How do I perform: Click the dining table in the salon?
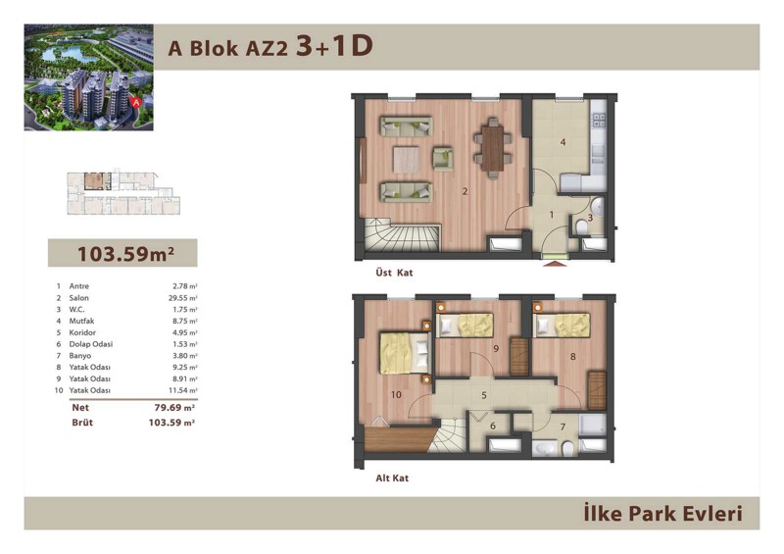(493, 148)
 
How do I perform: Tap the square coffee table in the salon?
(406, 159)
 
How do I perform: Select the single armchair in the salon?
(443, 159)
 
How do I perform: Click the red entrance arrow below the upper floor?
(555, 263)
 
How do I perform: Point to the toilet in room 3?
(581, 228)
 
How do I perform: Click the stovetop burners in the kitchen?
(599, 120)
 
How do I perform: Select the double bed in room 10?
(405, 352)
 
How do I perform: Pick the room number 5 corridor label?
(484, 395)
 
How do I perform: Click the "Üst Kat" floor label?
(395, 273)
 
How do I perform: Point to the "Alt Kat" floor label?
(392, 478)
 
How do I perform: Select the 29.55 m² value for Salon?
(182, 298)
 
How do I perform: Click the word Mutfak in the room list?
(81, 321)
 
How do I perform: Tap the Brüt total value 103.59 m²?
(171, 423)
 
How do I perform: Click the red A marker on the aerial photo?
(135, 102)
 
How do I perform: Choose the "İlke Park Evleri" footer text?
(663, 514)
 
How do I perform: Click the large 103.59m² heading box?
(122, 253)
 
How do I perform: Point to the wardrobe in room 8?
(597, 390)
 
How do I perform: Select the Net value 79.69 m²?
(174, 408)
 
